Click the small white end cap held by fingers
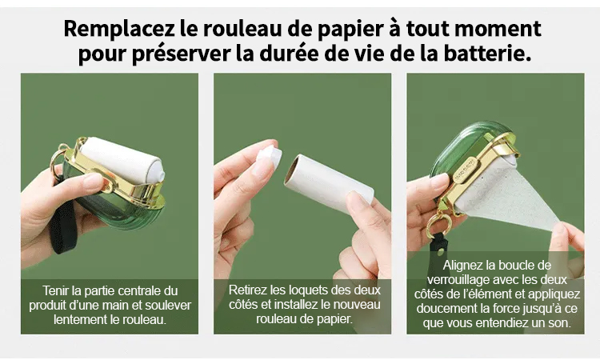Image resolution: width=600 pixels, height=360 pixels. click(x=269, y=155)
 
